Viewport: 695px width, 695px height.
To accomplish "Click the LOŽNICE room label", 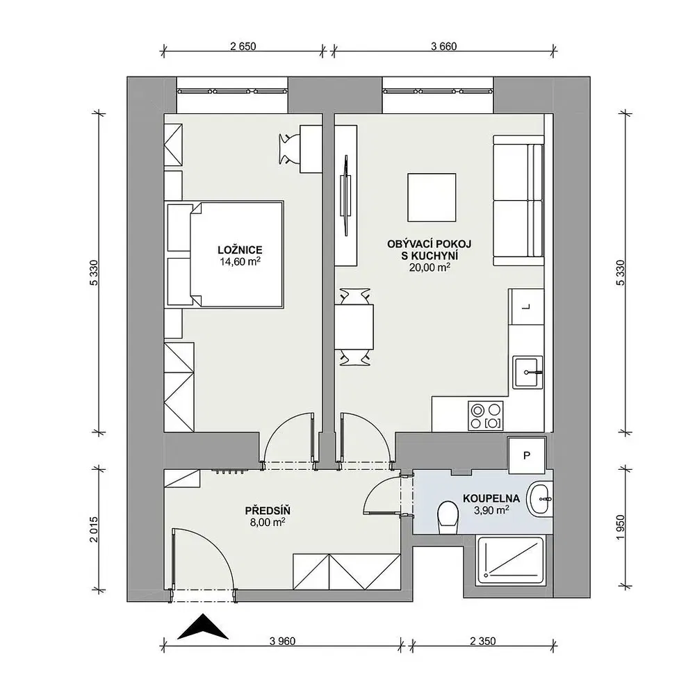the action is (240, 250).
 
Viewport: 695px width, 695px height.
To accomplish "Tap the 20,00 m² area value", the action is (430, 268).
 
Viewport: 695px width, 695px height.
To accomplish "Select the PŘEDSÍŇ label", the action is (268, 511).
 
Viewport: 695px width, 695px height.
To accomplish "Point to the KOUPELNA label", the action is (491, 499).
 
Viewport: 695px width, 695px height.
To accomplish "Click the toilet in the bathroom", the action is (448, 518).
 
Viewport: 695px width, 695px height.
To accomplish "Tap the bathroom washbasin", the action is (539, 499).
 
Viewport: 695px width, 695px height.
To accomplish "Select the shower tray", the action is (509, 561).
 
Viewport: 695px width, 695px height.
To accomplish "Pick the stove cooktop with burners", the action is (486, 416).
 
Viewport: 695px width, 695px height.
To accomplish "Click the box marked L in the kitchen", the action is (526, 306).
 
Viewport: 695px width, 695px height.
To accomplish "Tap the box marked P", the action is (527, 456).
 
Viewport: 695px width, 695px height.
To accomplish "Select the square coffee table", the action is (432, 197).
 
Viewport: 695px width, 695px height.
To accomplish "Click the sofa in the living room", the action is (518, 200).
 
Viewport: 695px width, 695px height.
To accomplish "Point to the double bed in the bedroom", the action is (225, 254).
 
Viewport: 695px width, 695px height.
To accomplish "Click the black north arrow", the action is (202, 627).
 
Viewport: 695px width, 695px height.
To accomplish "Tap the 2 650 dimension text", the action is (243, 46).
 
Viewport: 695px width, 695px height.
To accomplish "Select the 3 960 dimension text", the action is (282, 641).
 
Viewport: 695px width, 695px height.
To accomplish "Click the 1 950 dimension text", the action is (620, 528).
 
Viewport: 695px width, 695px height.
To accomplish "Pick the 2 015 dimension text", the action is (93, 530).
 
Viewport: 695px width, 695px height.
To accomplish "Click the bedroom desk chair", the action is (288, 149).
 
